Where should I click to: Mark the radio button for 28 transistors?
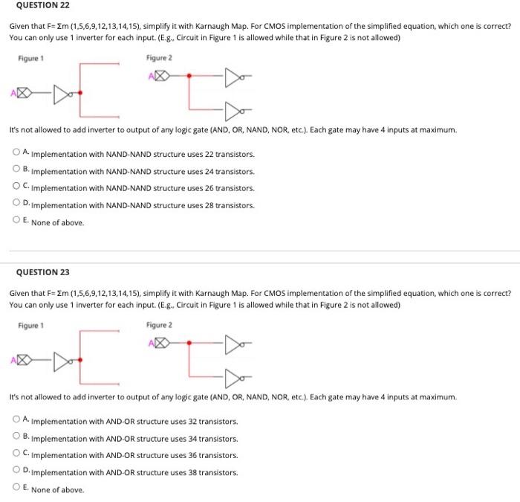[x=16, y=203]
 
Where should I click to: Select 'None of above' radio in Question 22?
[x=16, y=220]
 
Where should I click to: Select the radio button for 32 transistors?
[x=16, y=419]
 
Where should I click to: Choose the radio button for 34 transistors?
[x=16, y=437]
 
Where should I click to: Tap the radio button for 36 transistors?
[x=16, y=454]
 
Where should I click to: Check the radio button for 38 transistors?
[x=16, y=471]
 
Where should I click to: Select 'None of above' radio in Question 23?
[x=16, y=488]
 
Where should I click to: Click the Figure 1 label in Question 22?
[x=31, y=58]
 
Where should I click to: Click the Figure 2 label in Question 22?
[x=159, y=58]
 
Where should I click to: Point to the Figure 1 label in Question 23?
[x=31, y=325]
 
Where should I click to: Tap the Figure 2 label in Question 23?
[x=159, y=325]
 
